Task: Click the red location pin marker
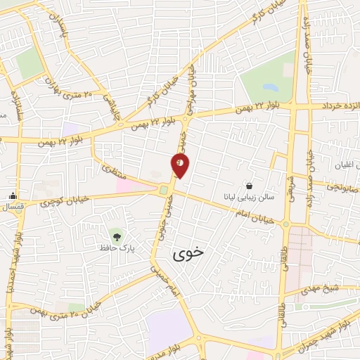(x=180, y=165)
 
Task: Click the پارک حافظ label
(x=116, y=248)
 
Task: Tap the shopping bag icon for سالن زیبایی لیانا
(x=250, y=186)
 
